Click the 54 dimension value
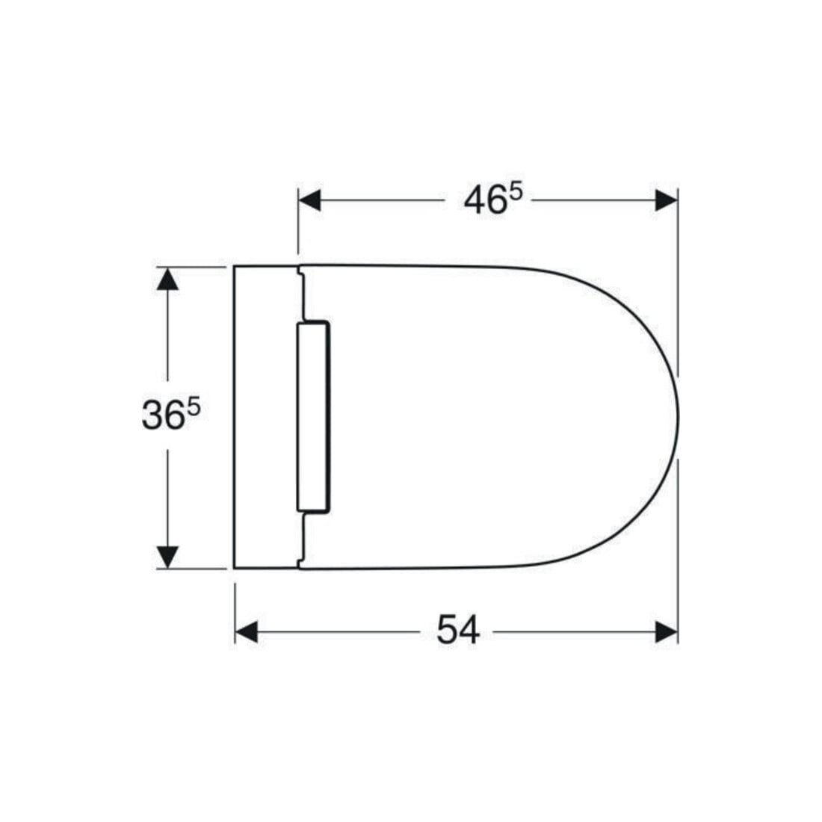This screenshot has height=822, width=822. pos(458,630)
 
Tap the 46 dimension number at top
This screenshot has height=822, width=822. pos(486,201)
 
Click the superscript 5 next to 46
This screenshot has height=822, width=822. pos(516,193)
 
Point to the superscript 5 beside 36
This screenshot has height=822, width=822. pos(194,407)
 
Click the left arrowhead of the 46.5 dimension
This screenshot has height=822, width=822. pos(309,200)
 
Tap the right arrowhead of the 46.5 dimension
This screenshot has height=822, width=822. pos(667,200)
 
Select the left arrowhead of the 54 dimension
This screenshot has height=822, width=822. pos(247,631)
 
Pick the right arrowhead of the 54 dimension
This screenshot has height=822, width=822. pos(667,631)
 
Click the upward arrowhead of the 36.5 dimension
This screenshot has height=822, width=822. pos(167,279)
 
